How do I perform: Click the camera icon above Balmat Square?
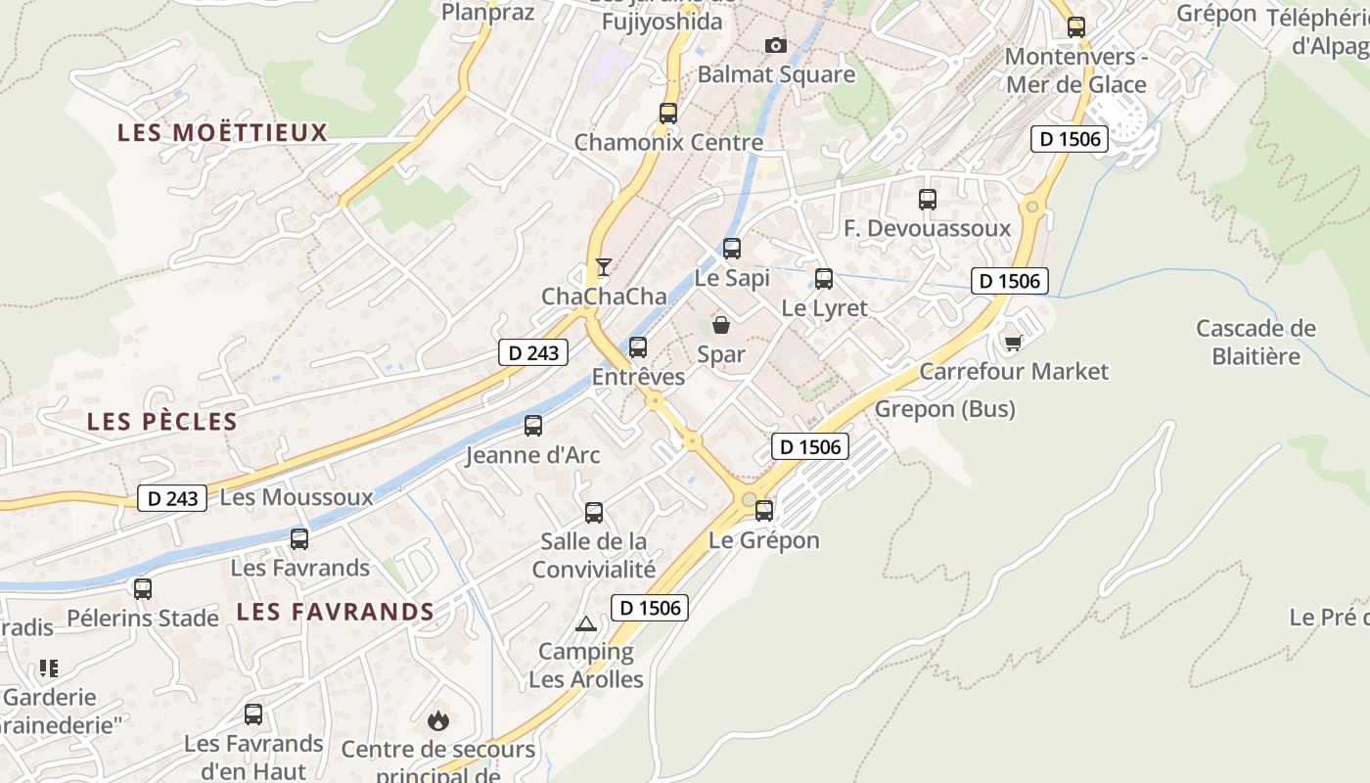pos(775,45)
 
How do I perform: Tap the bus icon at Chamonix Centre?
pos(668,113)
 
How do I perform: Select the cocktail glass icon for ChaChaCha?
pos(604,267)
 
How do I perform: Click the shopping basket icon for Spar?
pos(721,325)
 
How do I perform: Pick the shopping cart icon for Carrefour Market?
pos(1013,343)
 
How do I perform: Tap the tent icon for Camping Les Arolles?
pos(585,623)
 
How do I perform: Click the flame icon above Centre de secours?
pos(437,721)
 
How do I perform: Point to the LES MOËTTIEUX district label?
pos(222,133)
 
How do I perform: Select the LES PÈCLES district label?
pos(162,422)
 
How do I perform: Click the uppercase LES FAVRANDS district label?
pos(336,613)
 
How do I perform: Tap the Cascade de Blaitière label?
pos(1256,342)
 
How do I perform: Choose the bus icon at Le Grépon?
pos(764,510)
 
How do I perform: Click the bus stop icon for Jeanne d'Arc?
pos(533,426)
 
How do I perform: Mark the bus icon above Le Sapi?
pos(732,249)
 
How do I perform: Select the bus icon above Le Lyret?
pos(824,279)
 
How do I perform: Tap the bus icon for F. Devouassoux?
pos(928,200)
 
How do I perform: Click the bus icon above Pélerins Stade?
pos(143,589)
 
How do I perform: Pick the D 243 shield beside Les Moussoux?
pos(173,498)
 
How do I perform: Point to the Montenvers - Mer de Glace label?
pos(1075,70)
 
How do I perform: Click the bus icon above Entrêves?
pos(638,347)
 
